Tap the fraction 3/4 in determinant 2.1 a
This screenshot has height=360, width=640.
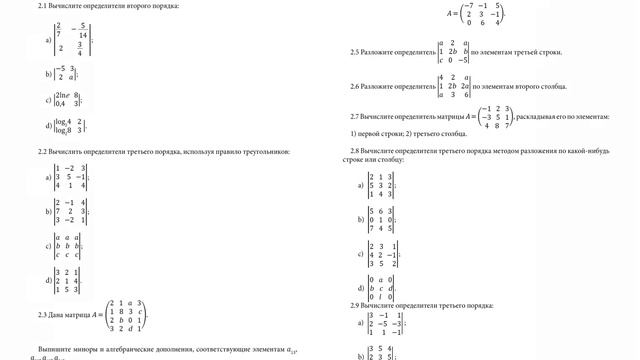click(x=80, y=50)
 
